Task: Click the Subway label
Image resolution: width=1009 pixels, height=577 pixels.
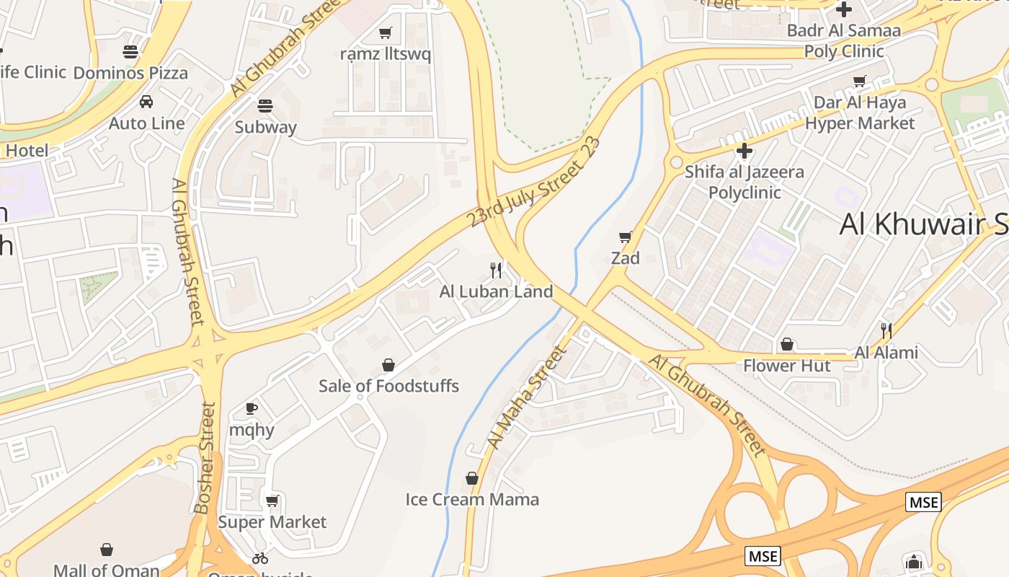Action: point(265,128)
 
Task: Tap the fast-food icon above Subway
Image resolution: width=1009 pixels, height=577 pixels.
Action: point(265,106)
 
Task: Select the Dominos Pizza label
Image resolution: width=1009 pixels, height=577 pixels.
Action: point(130,73)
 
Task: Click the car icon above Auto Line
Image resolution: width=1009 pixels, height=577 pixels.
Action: point(146,102)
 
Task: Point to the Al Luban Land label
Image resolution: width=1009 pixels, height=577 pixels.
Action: point(496,291)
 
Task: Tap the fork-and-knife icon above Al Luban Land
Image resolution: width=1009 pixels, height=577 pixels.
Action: point(496,270)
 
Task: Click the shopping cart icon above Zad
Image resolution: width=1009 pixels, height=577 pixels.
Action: point(626,237)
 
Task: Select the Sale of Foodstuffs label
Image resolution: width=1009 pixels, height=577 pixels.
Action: point(388,386)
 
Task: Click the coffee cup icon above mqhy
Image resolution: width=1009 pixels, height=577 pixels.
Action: point(252,408)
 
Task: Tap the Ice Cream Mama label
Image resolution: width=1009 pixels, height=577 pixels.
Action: point(472,499)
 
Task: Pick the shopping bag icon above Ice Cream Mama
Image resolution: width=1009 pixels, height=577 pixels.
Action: point(472,478)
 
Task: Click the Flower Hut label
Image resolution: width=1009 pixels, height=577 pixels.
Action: point(787,366)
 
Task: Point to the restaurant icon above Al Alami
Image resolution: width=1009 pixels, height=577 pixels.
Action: point(886,331)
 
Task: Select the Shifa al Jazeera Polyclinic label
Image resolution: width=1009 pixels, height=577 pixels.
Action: point(744,182)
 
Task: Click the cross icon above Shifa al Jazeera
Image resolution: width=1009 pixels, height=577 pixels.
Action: point(744,151)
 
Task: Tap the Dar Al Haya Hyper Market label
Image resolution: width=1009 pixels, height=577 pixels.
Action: point(859,113)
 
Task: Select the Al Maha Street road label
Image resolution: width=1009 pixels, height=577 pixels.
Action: point(527,397)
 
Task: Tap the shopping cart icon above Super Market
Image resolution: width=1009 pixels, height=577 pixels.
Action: point(272,501)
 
